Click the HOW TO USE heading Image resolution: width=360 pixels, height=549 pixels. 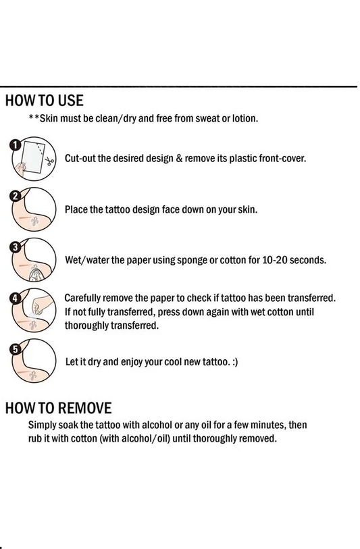(44, 101)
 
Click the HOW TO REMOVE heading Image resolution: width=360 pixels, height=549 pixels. (59, 409)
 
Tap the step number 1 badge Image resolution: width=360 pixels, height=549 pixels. (16, 145)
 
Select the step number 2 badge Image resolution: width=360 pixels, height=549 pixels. (15, 196)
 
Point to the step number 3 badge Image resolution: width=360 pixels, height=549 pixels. (15, 247)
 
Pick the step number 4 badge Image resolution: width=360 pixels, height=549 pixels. (15, 298)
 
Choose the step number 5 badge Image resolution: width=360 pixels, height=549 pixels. (15, 349)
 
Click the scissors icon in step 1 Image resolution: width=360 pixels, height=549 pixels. (49, 161)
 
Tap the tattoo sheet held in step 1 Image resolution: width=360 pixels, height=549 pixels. (32, 157)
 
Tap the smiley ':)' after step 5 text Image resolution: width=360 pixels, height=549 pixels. (235, 362)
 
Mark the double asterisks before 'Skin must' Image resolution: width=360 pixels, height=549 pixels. (34, 117)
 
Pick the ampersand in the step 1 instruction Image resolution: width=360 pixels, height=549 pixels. (179, 158)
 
